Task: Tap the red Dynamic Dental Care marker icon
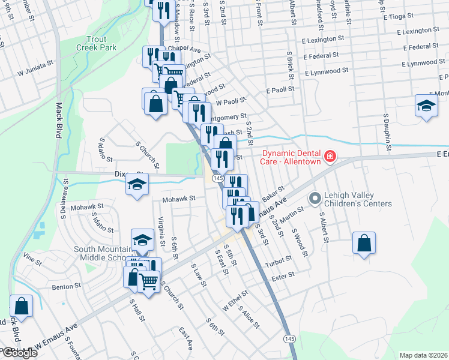(330, 157)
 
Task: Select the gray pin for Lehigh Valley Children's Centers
(313, 197)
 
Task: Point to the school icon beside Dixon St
(137, 185)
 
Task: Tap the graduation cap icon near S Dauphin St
(426, 106)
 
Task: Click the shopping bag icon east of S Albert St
(364, 244)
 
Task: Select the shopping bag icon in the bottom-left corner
(21, 306)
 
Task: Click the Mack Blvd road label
(59, 121)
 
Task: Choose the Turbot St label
(279, 260)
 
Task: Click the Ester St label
(283, 275)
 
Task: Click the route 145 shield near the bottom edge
(290, 339)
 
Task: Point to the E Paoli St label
(280, 89)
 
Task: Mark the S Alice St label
(249, 317)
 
